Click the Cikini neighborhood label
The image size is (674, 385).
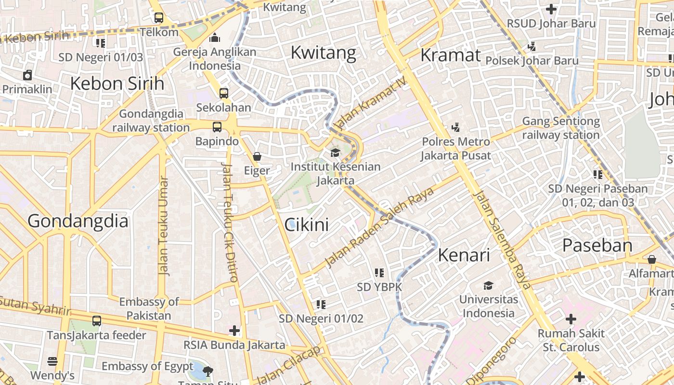click(x=307, y=225)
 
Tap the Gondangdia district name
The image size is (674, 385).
click(x=78, y=221)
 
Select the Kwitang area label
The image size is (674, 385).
click(x=324, y=52)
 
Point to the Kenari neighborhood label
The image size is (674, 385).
click(x=464, y=255)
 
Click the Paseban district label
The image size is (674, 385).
click(x=597, y=245)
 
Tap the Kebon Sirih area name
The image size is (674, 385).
click(x=117, y=83)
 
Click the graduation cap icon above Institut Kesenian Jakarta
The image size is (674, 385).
click(x=335, y=153)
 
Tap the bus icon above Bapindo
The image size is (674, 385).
click(x=217, y=127)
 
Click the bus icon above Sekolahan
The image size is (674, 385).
click(x=223, y=93)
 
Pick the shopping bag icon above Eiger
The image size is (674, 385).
click(x=257, y=156)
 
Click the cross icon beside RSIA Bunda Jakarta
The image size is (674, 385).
click(x=234, y=331)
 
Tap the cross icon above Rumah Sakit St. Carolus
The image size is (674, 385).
click(x=571, y=319)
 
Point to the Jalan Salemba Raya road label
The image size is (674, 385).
click(x=502, y=239)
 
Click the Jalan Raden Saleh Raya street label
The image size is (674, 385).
click(x=379, y=227)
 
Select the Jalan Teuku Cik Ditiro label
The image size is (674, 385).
click(x=230, y=222)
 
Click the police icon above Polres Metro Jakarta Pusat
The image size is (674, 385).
click(x=455, y=128)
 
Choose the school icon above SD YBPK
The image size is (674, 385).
click(x=379, y=273)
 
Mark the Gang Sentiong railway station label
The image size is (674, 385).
click(x=561, y=128)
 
